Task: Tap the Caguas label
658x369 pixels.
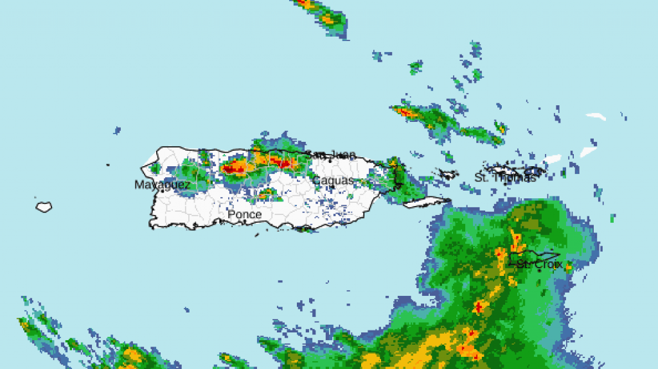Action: (x=333, y=181)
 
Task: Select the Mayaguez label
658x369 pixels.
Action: (x=162, y=185)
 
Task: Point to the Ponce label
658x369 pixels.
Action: (x=244, y=214)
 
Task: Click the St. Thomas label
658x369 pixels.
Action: (x=505, y=178)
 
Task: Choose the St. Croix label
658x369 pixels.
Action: (x=540, y=264)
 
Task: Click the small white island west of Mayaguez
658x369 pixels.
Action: (x=44, y=207)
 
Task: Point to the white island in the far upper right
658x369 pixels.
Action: (x=596, y=117)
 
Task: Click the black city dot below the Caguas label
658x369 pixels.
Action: (x=332, y=188)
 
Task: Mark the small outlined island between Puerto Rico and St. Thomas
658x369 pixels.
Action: (x=445, y=174)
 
